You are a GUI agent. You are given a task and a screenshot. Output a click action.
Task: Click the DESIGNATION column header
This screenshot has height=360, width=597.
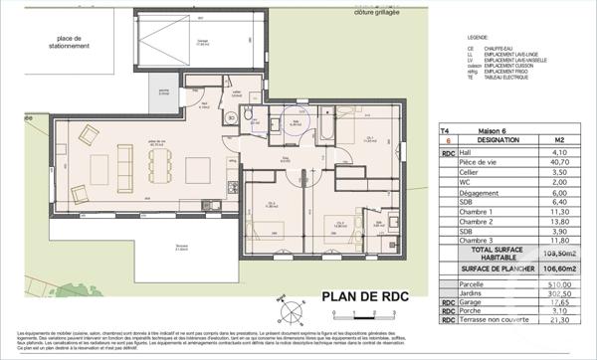495,141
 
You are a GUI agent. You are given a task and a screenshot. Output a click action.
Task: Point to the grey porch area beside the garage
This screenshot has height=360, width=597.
158,96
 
